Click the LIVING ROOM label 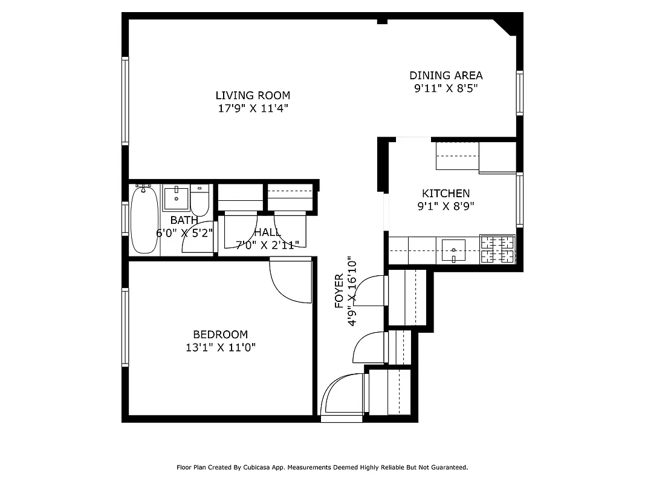253,96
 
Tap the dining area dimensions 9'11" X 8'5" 446,88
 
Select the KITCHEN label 446,194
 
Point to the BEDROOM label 220,335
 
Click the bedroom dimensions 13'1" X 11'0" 220,348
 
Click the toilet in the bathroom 199,201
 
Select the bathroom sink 176,197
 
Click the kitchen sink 453,250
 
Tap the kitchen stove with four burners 497,249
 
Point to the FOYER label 339,290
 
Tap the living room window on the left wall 125,100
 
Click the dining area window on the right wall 519,93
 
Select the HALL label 267,233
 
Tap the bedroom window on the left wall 125,327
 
